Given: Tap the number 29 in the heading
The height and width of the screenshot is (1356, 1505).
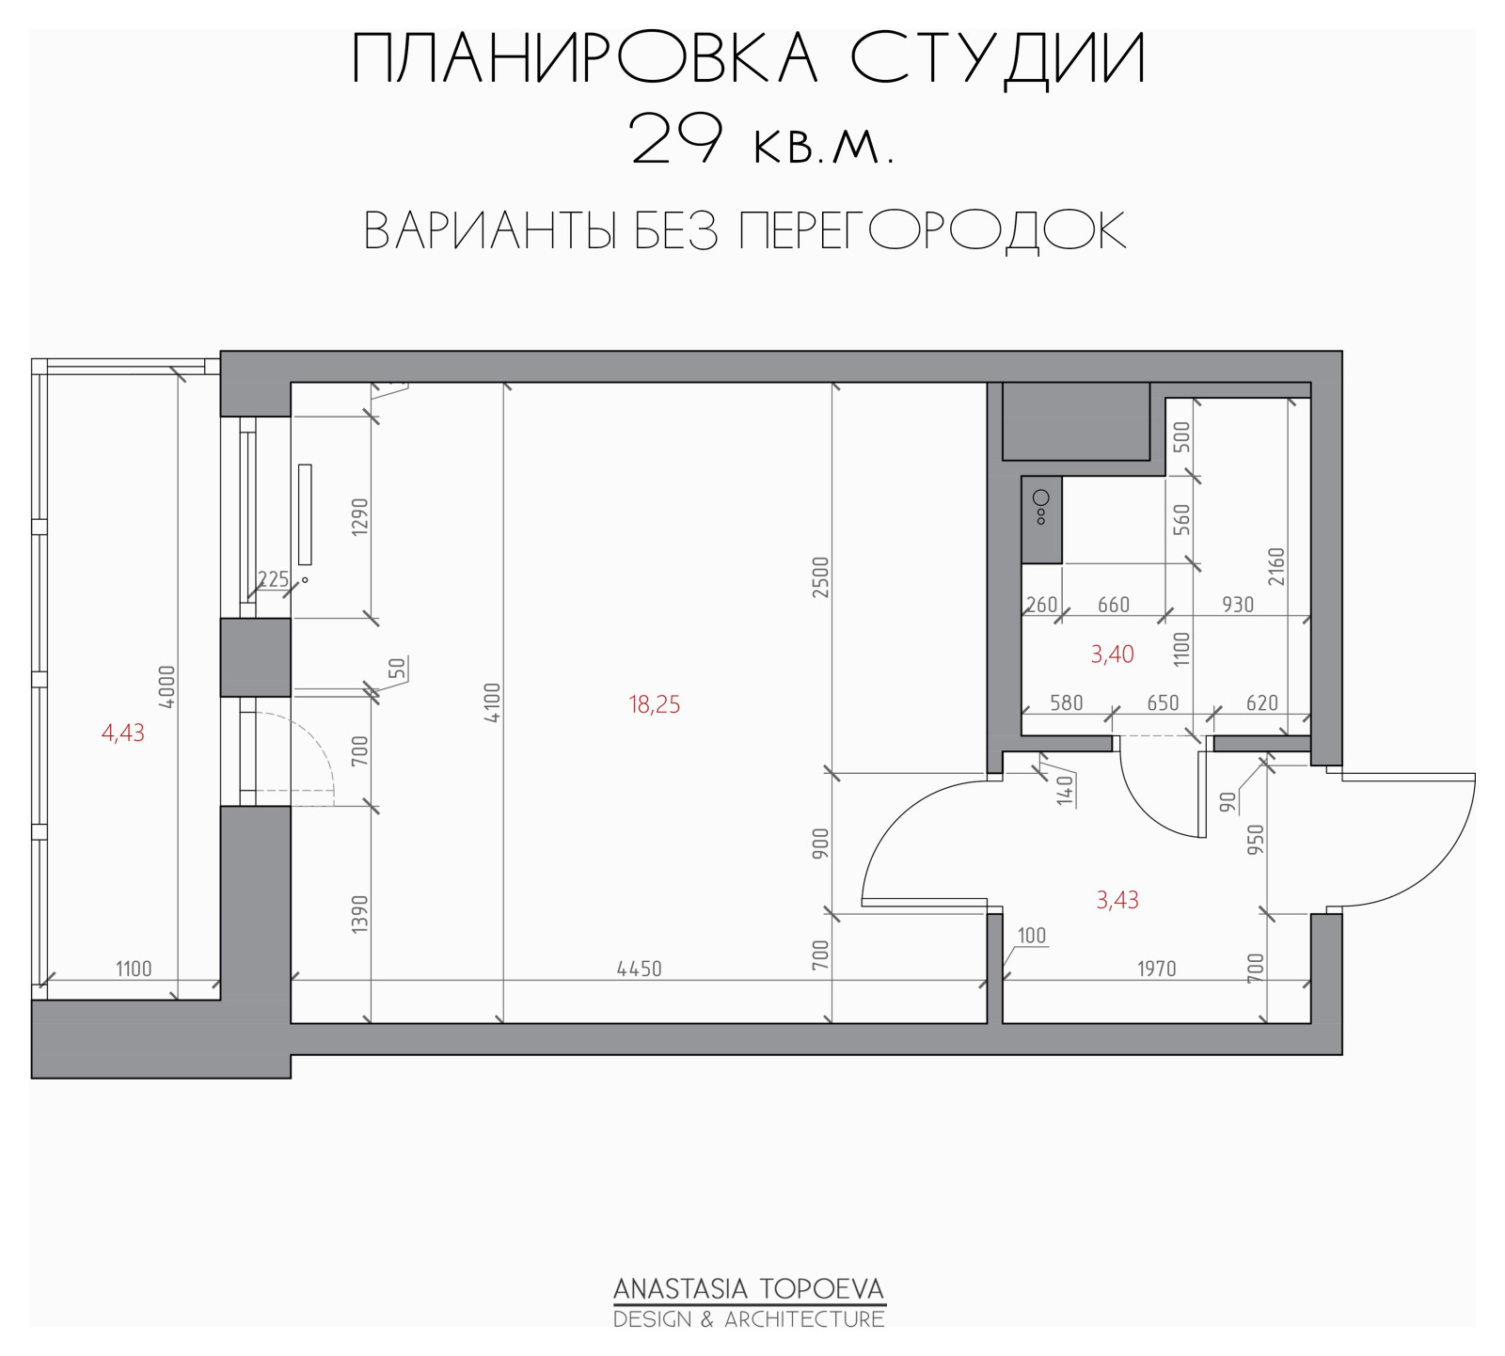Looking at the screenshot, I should point(676,139).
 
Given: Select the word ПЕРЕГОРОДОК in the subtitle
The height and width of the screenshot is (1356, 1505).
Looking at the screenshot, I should point(932,230).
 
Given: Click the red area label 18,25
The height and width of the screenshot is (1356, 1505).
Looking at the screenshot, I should point(655,704).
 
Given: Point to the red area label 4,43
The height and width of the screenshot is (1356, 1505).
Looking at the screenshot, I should point(123,733).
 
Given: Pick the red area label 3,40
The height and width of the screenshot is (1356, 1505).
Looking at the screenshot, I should point(1112,654).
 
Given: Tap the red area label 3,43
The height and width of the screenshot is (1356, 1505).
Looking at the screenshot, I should point(1117,900).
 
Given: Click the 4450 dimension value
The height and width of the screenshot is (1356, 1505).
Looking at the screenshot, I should point(640,969).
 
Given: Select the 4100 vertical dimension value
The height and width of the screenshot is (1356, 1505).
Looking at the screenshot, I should point(493,702).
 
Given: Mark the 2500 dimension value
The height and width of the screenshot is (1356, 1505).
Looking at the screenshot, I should point(821,577).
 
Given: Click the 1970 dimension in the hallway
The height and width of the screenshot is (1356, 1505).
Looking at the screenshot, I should point(1157,969).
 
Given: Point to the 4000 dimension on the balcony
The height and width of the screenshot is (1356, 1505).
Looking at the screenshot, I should point(166,687).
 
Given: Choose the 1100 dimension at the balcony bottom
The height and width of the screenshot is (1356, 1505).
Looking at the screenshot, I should point(134,969).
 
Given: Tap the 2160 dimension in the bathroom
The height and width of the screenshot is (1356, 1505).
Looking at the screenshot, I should point(1276,566).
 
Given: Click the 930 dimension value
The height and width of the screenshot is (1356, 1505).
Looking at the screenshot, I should point(1238,605).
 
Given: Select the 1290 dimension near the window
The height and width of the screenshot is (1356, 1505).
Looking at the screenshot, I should point(360,517).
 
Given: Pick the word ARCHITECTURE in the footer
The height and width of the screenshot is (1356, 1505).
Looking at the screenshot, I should point(804,1319).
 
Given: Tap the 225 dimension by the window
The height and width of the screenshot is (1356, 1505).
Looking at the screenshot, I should point(273,579).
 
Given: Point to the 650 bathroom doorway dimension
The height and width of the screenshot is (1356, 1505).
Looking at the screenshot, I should point(1163,702).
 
